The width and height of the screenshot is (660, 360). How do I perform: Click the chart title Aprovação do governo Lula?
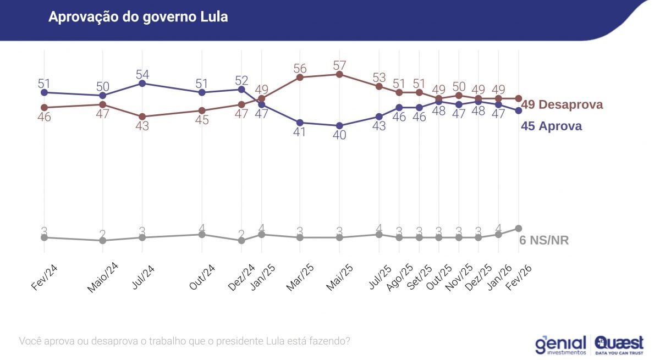[x=138, y=17]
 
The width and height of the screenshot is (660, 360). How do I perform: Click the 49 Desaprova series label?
[x=562, y=104]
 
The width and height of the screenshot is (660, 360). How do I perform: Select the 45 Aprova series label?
[x=551, y=126]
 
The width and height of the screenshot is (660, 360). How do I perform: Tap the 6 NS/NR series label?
[x=544, y=240]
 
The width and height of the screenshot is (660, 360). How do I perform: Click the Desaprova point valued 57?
[x=339, y=74]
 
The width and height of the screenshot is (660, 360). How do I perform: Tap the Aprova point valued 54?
[x=142, y=83]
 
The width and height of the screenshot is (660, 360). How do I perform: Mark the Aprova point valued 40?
[x=339, y=125]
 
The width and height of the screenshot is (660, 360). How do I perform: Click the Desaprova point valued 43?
[x=142, y=117]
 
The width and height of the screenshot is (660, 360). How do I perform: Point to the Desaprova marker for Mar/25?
[x=300, y=77]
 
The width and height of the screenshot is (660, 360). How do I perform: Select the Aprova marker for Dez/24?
[x=241, y=89]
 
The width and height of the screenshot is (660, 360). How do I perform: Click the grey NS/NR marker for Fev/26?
[x=518, y=228]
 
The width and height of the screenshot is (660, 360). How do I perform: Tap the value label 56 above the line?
[x=300, y=68]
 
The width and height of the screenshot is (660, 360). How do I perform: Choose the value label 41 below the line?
[x=300, y=132]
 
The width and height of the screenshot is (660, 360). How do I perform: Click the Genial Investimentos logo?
[x=560, y=344]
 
